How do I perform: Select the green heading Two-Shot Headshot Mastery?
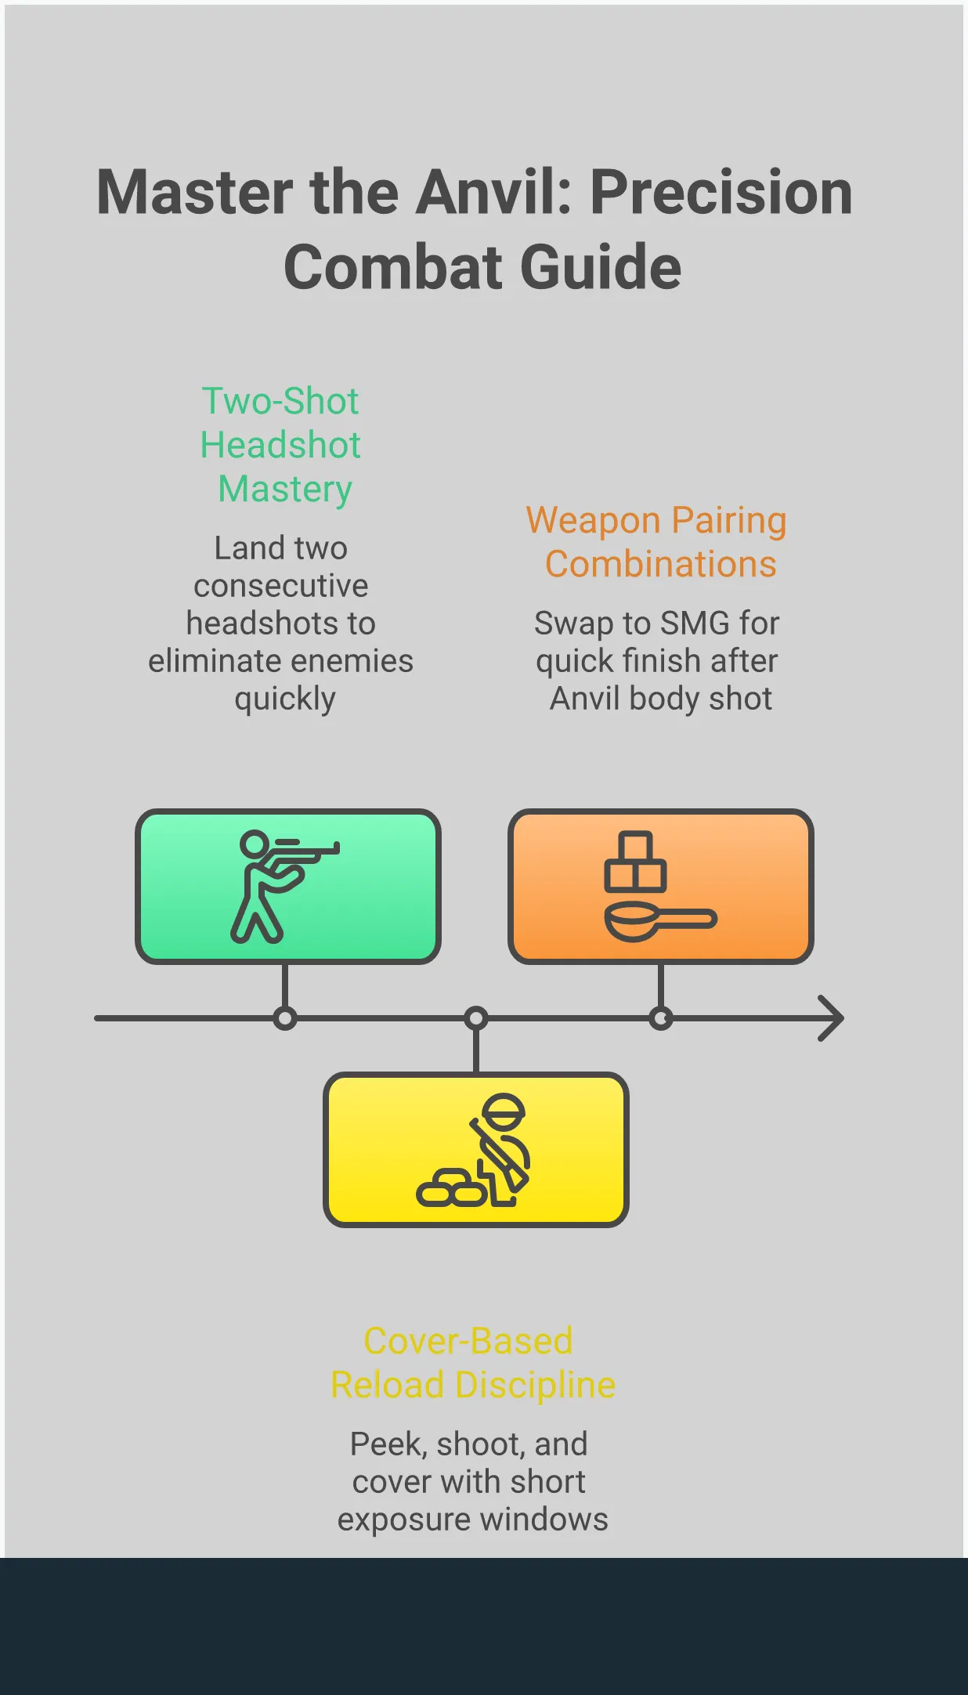click(x=280, y=444)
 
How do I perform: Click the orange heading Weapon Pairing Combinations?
click(x=656, y=542)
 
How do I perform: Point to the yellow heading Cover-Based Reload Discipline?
click(x=472, y=1363)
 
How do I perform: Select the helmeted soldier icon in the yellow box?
click(x=502, y=1147)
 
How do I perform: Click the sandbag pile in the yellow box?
click(x=451, y=1188)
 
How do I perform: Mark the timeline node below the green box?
click(x=285, y=1018)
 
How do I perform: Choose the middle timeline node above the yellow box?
click(x=476, y=1018)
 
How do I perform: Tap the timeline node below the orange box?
click(x=661, y=1018)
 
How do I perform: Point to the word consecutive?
click(x=280, y=586)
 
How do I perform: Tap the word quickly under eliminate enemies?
click(x=285, y=699)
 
